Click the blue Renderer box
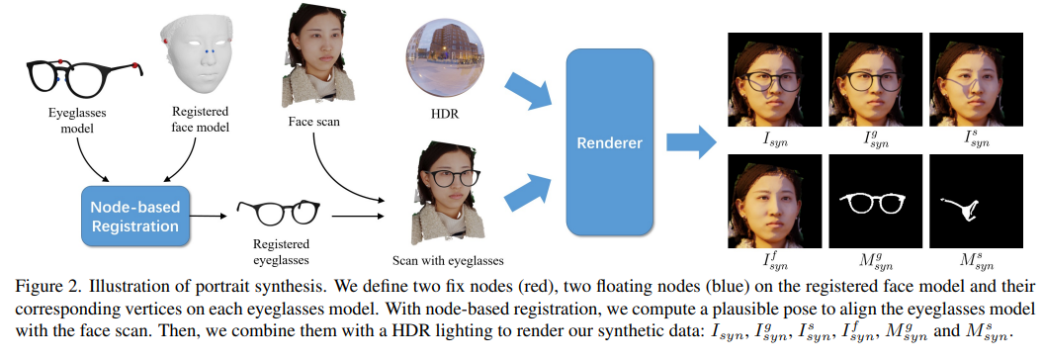(x=609, y=141)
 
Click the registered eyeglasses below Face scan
(x=277, y=212)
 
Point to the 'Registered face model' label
(x=201, y=120)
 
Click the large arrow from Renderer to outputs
(x=693, y=142)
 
